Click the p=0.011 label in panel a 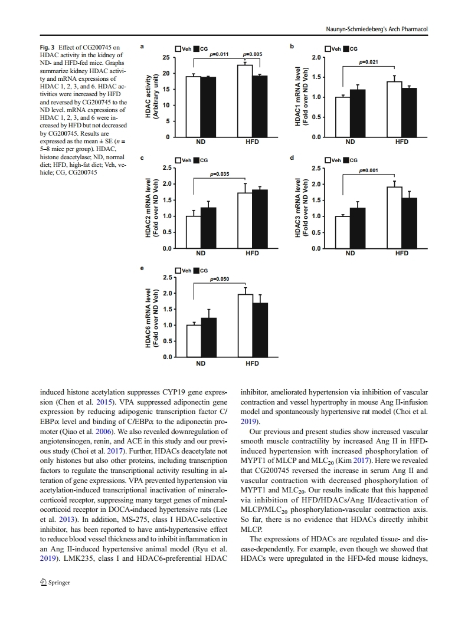[220, 54]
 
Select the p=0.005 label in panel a [252, 54]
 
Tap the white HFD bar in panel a [245, 101]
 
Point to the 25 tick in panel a [166, 57]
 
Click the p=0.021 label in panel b [368, 62]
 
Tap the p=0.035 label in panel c [220, 174]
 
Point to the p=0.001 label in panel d [368, 170]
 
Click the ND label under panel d [350, 253]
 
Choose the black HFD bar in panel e [260, 330]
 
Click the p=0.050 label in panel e [220, 278]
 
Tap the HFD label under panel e [252, 363]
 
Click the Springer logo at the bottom [54, 583]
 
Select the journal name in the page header [376, 29]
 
